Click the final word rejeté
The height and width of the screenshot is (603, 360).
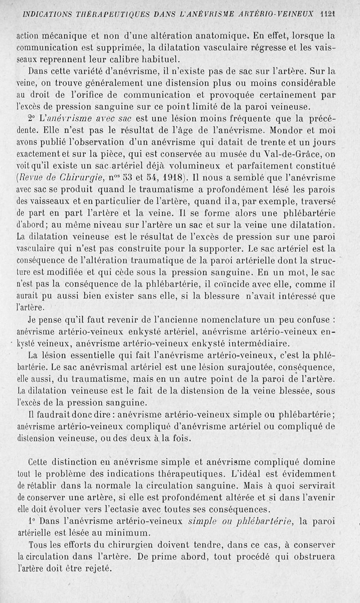pyautogui.click(x=96, y=568)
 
